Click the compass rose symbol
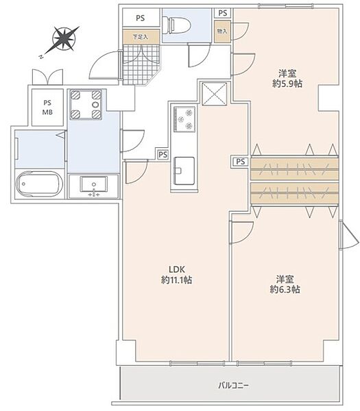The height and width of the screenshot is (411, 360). click(64, 39)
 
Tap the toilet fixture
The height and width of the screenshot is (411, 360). click(176, 25)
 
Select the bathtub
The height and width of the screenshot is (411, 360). click(39, 184)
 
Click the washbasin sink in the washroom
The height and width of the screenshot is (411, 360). click(94, 184)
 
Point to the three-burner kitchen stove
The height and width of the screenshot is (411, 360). click(184, 119)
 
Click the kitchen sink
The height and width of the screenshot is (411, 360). click(184, 171)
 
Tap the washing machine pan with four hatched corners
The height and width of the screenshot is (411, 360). click(86, 105)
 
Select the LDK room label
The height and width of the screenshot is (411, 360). click(177, 269)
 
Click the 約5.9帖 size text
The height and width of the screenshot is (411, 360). click(287, 84)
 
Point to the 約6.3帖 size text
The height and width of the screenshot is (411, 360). click(285, 290)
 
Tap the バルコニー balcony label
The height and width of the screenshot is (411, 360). click(234, 386)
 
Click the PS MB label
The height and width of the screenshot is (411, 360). click(47, 108)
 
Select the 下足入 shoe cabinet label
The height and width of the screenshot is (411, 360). click(141, 37)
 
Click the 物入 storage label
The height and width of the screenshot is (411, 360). click(222, 32)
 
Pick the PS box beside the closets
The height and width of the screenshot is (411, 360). click(241, 162)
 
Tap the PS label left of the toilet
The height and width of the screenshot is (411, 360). click(141, 18)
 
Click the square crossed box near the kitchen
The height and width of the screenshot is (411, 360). click(215, 94)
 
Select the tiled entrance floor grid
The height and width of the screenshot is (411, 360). click(141, 64)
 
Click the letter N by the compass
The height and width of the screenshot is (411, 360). click(41, 57)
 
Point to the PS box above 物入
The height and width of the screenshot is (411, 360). click(222, 13)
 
